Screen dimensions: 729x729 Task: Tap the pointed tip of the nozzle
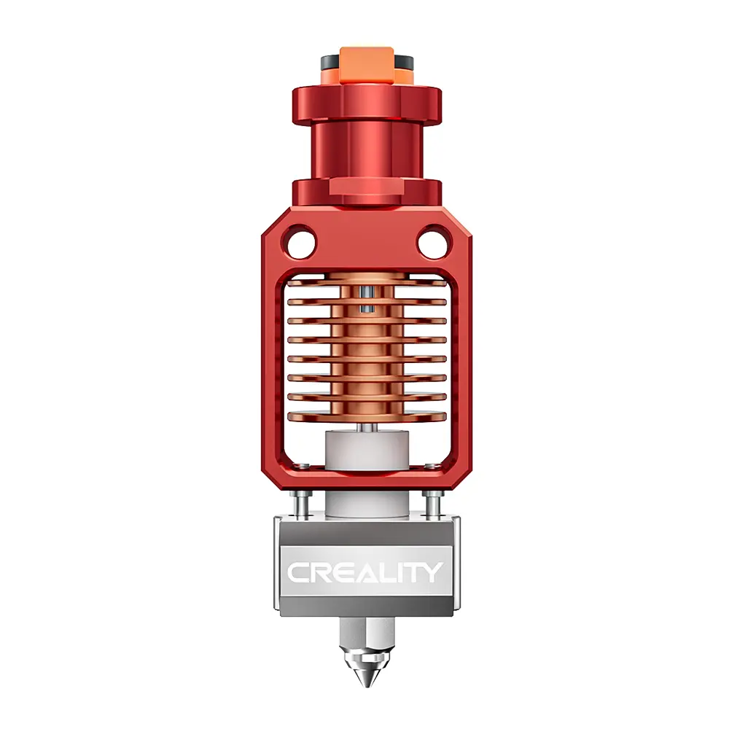364,685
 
